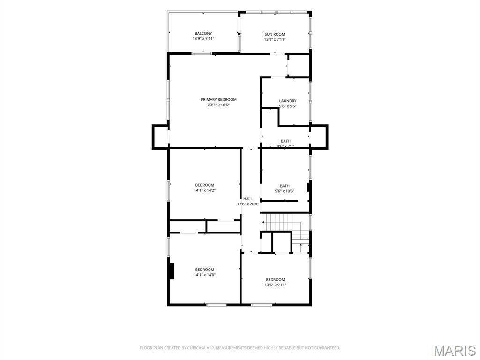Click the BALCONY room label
pyautogui.click(x=203, y=33)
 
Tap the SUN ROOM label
pyautogui.click(x=275, y=34)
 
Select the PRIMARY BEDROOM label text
pyautogui.click(x=218, y=99)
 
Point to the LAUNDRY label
pyautogui.click(x=288, y=101)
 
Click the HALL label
pyautogui.click(x=248, y=199)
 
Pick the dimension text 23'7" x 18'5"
pyautogui.click(x=218, y=105)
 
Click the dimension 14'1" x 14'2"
pyautogui.click(x=205, y=190)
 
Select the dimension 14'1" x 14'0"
pyautogui.click(x=205, y=275)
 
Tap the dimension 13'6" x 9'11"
pyautogui.click(x=276, y=285)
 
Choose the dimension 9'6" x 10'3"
pyautogui.click(x=285, y=191)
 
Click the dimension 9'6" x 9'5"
pyautogui.click(x=288, y=106)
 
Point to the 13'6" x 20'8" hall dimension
pyautogui.click(x=248, y=204)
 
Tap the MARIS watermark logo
pyautogui.click(x=455, y=351)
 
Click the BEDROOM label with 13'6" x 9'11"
pyautogui.click(x=276, y=279)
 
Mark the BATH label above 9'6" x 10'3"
pyautogui.click(x=285, y=186)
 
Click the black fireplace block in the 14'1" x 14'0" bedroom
pyautogui.click(x=171, y=271)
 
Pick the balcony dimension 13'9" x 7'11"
pyautogui.click(x=203, y=39)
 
